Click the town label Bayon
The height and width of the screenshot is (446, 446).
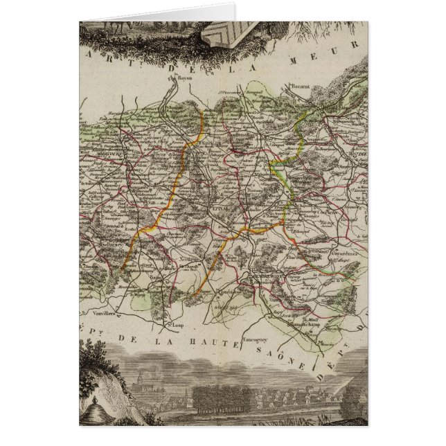point(184,79)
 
